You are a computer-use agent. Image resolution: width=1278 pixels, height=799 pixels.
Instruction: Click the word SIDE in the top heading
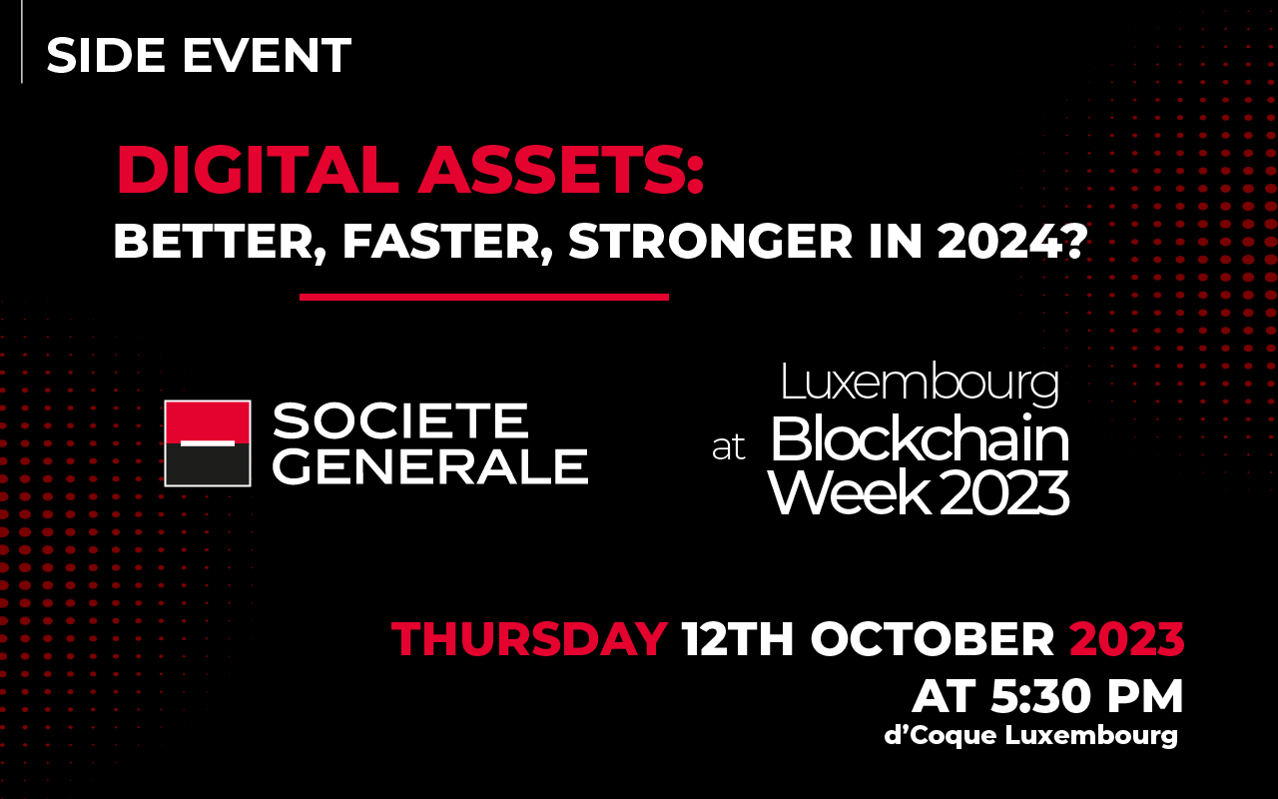[106, 55]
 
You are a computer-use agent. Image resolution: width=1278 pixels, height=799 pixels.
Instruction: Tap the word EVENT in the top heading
[267, 55]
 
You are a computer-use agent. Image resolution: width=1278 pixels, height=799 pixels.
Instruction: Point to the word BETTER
[220, 242]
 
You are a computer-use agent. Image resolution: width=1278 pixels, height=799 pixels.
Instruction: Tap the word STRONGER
[710, 241]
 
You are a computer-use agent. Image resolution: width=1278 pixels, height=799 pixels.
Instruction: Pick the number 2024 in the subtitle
[1003, 241]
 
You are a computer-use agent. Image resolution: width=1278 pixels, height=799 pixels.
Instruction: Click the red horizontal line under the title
[484, 297]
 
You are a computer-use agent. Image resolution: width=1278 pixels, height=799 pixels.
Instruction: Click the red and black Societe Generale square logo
[208, 443]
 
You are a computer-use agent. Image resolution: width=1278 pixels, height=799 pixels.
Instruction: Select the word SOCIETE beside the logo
[400, 421]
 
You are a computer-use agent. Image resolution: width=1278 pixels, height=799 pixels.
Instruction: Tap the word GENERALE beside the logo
[430, 466]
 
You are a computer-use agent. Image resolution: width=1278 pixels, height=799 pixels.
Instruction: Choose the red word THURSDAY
[529, 638]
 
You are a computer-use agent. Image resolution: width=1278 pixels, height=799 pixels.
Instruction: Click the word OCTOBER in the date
[933, 638]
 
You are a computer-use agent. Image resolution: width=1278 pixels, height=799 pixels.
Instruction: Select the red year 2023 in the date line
[1127, 638]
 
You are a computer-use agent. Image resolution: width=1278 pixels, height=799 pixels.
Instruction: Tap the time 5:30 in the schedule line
[1038, 696]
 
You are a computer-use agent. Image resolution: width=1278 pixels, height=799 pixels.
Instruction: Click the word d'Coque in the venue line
[941, 735]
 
